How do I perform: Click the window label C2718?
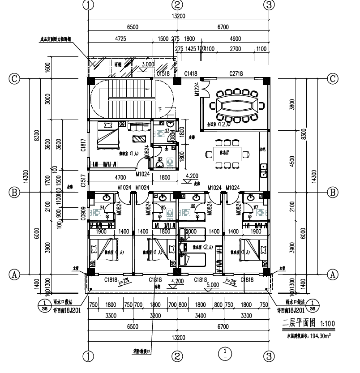pos(236,73)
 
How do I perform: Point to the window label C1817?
pos(83,144)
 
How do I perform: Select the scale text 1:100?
pos(326,323)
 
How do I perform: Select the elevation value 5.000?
pos(213,284)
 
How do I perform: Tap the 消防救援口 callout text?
pos(141,351)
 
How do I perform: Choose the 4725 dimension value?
pos(120,39)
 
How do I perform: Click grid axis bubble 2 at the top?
pos(178,5)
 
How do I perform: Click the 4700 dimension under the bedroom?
pos(120,178)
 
